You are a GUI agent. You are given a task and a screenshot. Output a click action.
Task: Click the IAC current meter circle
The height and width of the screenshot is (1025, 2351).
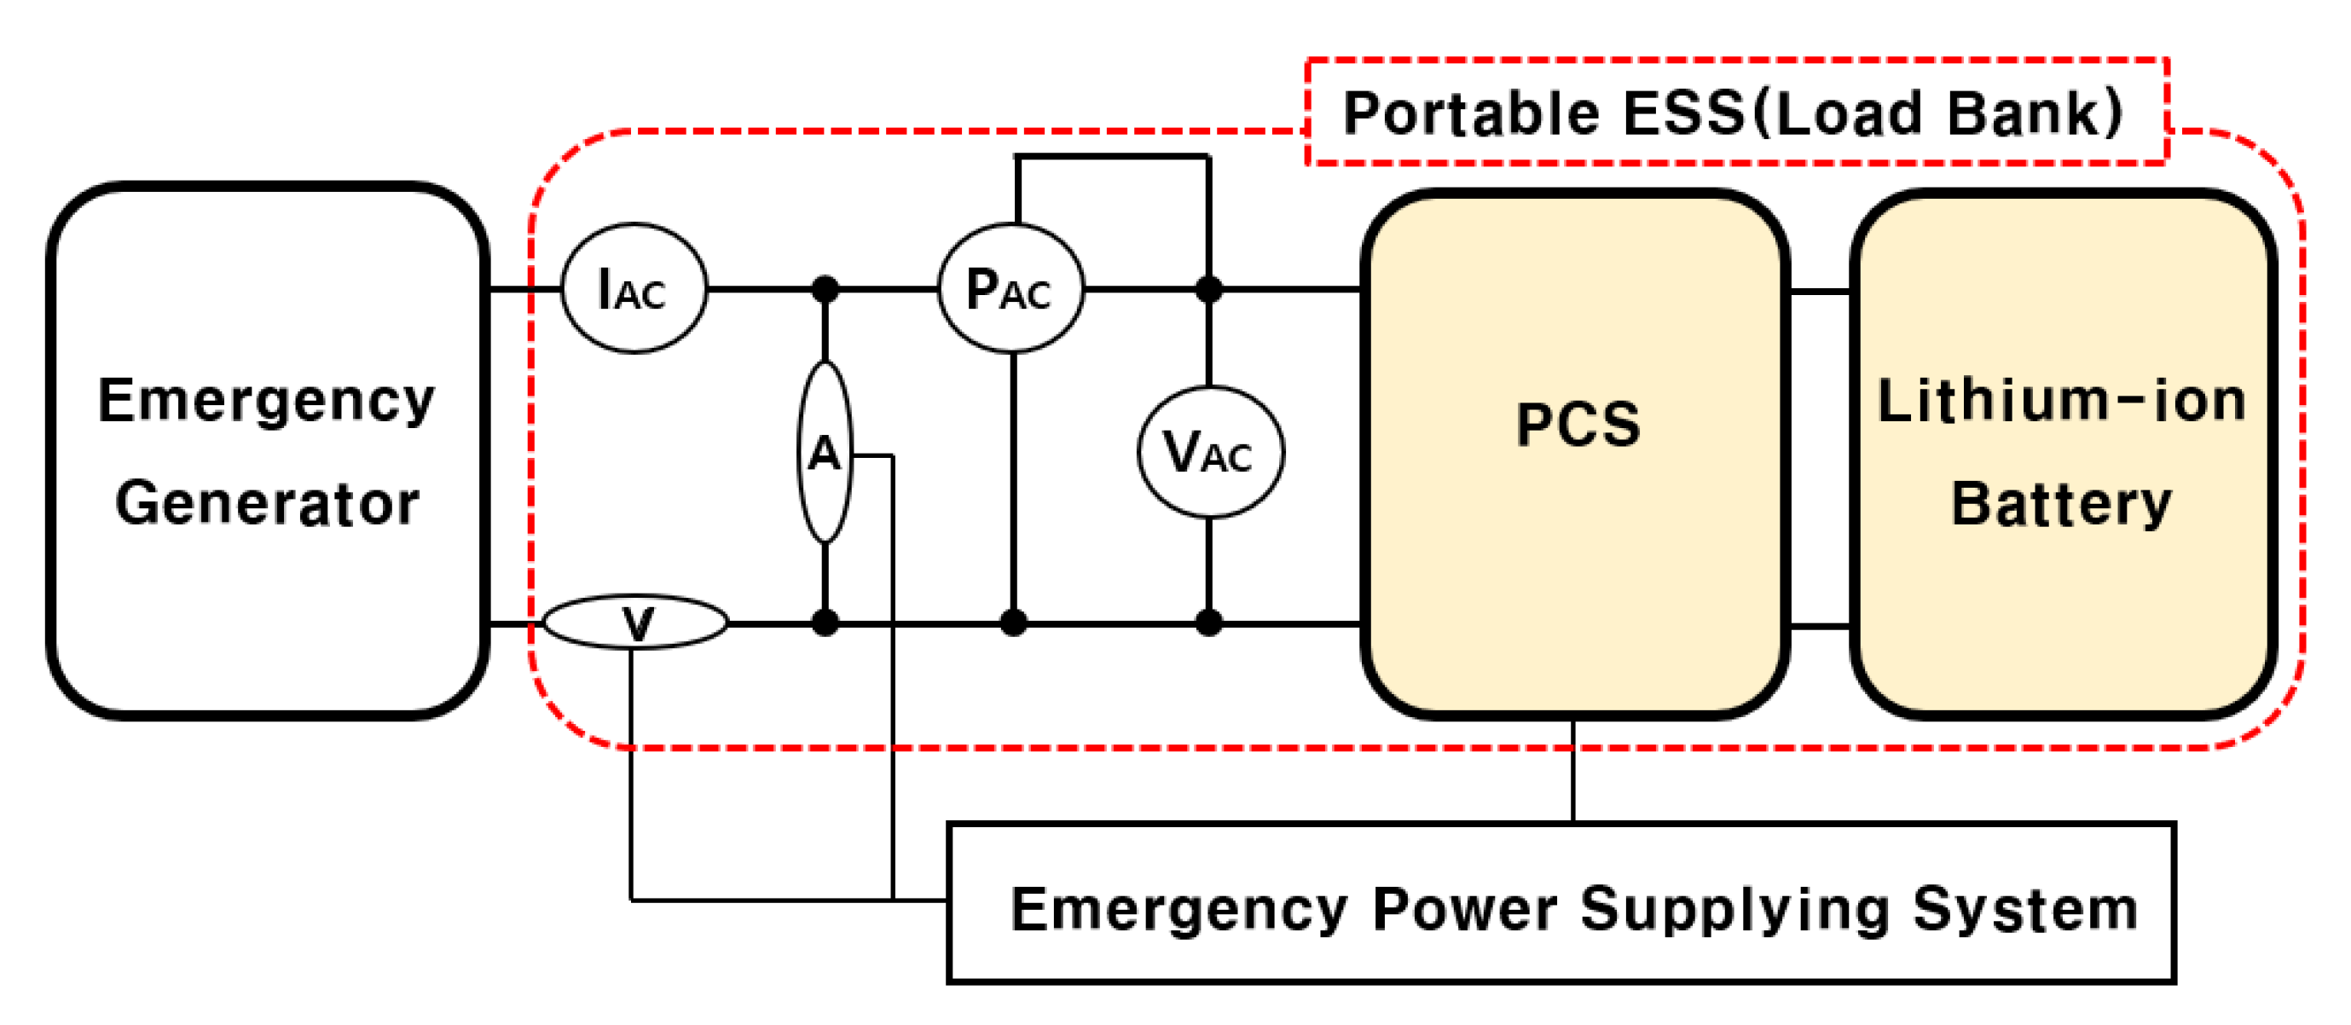(x=634, y=287)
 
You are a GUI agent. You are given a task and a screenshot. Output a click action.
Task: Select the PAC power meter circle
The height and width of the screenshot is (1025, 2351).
(x=1011, y=287)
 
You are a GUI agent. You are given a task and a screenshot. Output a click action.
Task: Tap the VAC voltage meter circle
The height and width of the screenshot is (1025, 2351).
(x=1210, y=452)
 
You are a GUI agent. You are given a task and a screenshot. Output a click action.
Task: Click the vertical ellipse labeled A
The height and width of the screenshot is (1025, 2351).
(x=825, y=452)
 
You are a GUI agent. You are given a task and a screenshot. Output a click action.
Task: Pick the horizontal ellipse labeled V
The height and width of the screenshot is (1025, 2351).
(x=636, y=623)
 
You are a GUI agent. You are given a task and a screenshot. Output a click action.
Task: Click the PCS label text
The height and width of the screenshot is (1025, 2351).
(x=1578, y=426)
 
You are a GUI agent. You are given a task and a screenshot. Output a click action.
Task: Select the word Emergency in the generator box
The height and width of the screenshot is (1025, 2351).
(x=267, y=402)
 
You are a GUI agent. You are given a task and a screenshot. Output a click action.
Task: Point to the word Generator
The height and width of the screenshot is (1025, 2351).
(x=267, y=504)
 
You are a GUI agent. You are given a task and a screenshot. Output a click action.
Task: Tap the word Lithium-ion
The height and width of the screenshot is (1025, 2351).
(x=2062, y=402)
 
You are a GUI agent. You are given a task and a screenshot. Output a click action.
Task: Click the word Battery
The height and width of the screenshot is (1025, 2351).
(x=2062, y=504)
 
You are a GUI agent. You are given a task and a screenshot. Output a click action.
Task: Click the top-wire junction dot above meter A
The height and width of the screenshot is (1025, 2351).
(x=825, y=289)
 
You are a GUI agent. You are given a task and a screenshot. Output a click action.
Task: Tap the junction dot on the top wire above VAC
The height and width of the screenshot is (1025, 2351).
(x=1209, y=289)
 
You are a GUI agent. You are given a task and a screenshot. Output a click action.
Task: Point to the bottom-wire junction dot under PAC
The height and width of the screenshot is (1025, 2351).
(x=1013, y=623)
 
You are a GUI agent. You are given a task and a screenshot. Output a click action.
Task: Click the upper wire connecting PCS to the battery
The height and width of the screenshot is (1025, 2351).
(x=1820, y=292)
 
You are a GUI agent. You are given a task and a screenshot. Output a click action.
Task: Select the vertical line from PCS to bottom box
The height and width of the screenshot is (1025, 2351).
(x=1573, y=771)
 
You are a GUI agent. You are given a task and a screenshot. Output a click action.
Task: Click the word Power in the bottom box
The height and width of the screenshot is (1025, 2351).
(x=1465, y=910)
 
